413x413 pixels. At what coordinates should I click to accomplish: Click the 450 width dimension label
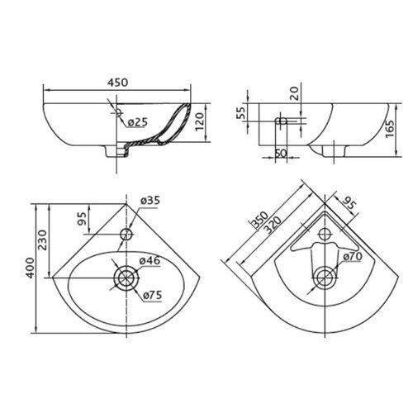pos(117,83)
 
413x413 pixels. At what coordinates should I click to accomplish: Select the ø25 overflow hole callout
pos(138,122)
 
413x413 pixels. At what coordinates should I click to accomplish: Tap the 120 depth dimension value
pos(200,122)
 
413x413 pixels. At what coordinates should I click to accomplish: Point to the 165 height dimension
pos(390,129)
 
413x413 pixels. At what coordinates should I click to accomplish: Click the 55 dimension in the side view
pos(241,112)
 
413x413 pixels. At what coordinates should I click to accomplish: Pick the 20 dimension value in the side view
pos(294,93)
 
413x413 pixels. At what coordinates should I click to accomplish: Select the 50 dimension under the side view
pos(281,153)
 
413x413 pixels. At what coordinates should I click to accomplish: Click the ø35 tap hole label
pos(150,200)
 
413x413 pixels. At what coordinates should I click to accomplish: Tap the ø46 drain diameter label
pos(150,260)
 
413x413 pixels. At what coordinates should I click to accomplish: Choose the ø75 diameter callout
pos(152,296)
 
